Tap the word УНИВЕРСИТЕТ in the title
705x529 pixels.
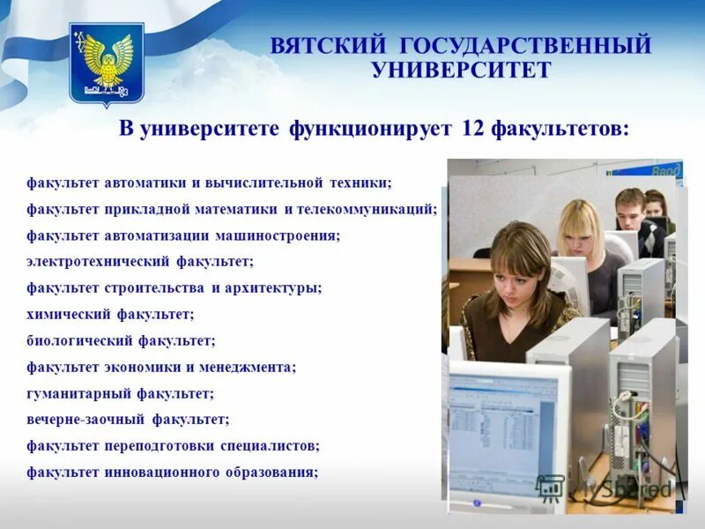tap(461, 70)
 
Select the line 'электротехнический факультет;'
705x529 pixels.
tap(139, 261)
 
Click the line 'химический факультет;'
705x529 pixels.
tap(110, 313)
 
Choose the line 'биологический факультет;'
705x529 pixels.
tap(121, 339)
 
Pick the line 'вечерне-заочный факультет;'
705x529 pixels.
tap(128, 419)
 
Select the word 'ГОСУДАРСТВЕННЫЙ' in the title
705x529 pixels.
tap(525, 45)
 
